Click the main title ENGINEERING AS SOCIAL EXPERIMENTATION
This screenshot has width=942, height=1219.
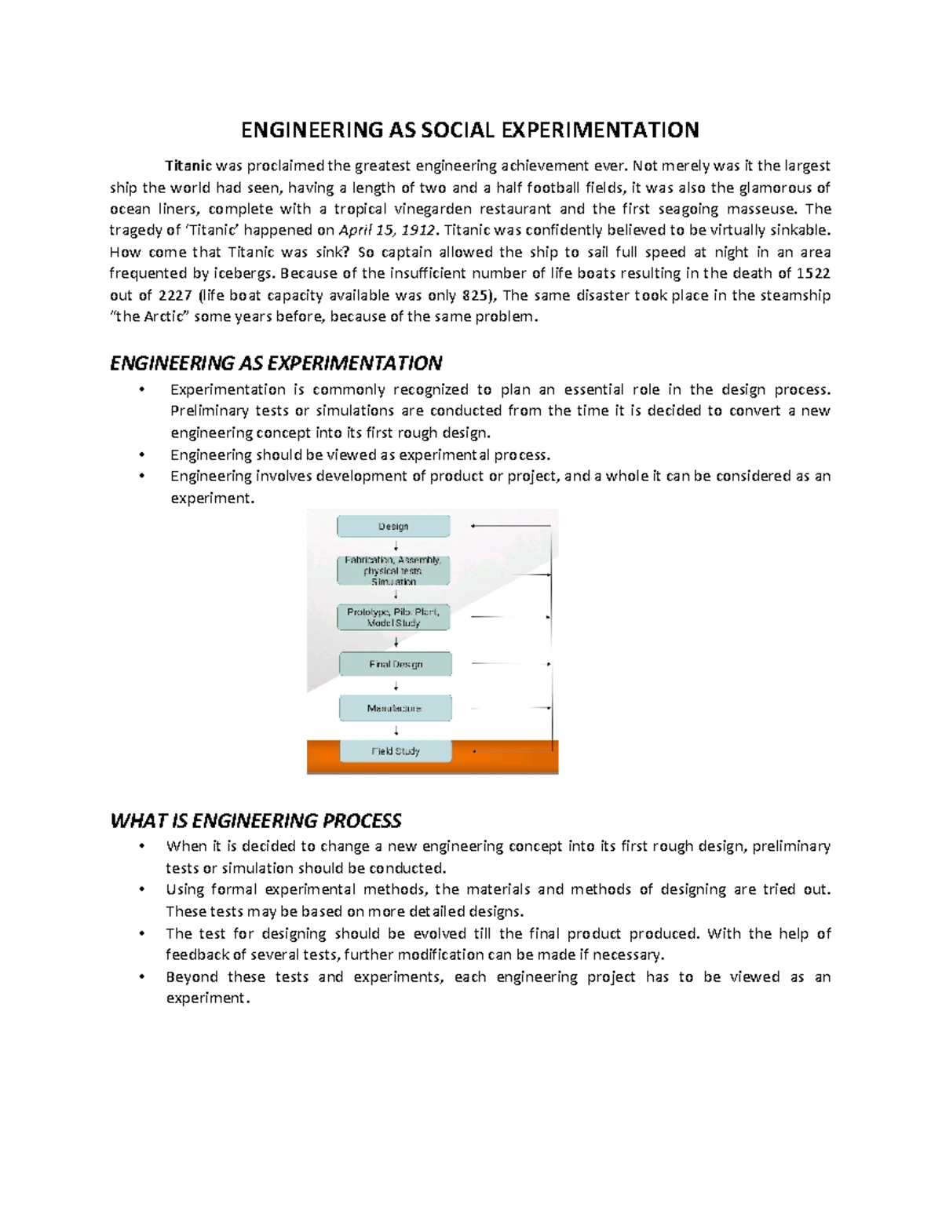469,130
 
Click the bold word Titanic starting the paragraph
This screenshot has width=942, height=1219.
188,166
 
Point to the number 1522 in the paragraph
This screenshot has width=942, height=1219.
813,274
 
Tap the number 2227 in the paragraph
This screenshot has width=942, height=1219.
175,296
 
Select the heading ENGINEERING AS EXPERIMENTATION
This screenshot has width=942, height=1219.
276,363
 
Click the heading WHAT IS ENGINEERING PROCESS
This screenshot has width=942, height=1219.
255,821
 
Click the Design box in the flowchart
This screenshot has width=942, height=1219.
393,526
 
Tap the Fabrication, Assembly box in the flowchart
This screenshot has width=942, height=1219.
393,571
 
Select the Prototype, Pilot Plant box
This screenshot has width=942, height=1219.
393,617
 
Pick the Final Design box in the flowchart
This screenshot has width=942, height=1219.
396,664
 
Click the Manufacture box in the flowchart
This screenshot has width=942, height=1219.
395,708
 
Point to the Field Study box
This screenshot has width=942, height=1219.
396,751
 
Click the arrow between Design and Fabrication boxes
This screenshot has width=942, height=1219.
396,546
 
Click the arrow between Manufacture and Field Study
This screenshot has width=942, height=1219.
396,730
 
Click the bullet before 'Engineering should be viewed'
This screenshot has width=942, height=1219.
142,454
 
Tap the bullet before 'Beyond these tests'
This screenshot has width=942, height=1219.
142,977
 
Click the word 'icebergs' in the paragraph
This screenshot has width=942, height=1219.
244,274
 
